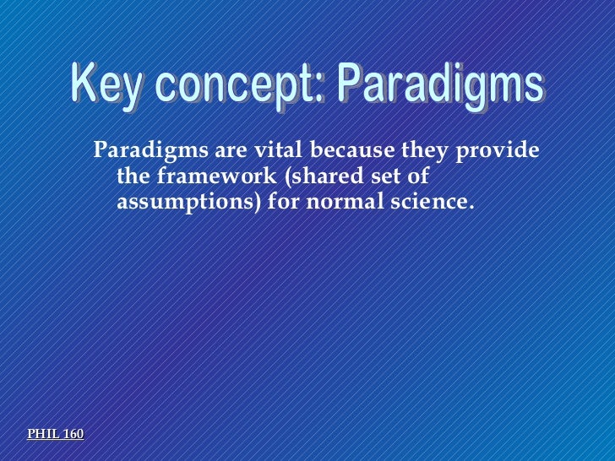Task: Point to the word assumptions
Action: pyautogui.click(x=190, y=203)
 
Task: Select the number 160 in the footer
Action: pyautogui.click(x=73, y=434)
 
